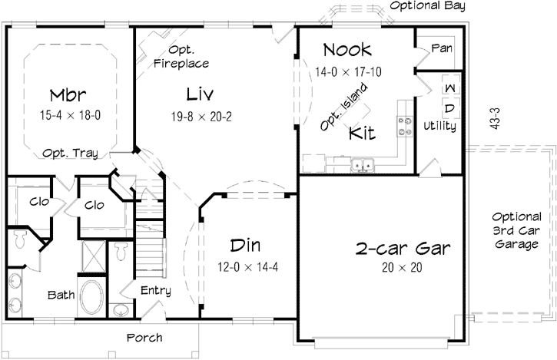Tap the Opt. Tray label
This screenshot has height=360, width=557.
[70, 152]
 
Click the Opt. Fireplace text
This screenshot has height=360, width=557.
[181, 58]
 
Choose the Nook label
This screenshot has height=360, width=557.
[346, 51]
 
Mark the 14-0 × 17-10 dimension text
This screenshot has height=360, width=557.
[349, 71]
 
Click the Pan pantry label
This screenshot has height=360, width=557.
[442, 48]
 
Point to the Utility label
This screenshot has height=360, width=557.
[440, 125]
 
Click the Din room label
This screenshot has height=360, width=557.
[246, 246]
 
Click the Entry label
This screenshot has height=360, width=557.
[155, 291]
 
